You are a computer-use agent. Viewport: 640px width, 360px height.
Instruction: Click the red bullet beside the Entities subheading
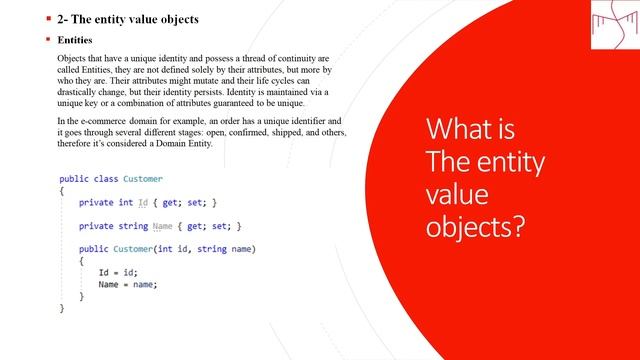tap(47, 41)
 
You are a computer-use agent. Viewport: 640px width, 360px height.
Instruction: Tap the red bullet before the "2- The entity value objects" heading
tap(47, 19)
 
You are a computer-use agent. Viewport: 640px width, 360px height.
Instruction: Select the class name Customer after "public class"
tap(143, 179)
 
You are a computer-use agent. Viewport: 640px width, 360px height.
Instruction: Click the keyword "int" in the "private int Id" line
tap(125, 203)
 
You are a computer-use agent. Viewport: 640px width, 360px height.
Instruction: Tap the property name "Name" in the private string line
tap(163, 227)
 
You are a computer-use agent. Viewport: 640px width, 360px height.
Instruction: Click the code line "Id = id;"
tap(117, 273)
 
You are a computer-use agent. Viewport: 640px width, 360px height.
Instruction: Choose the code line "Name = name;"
tap(127, 285)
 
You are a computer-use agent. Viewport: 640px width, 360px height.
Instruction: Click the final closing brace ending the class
tap(62, 309)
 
